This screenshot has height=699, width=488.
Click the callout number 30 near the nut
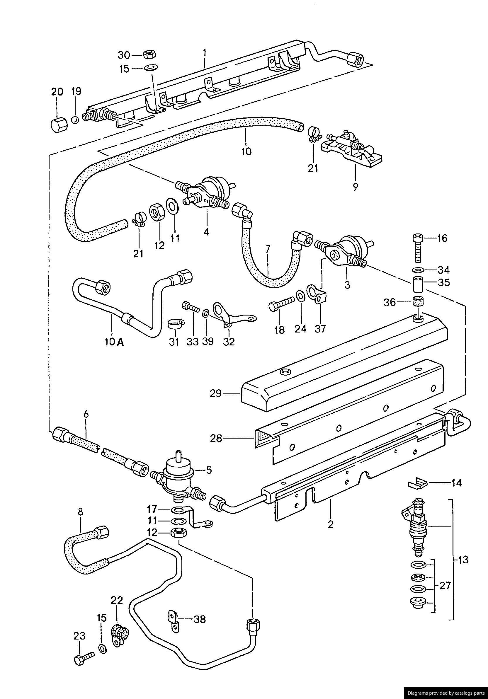pyautogui.click(x=124, y=55)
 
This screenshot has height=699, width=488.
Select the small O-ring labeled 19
pyautogui.click(x=75, y=120)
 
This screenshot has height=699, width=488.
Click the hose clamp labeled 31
pyautogui.click(x=175, y=324)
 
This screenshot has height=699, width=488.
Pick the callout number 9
pyautogui.click(x=355, y=187)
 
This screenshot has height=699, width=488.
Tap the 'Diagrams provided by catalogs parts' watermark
pyautogui.click(x=446, y=693)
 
